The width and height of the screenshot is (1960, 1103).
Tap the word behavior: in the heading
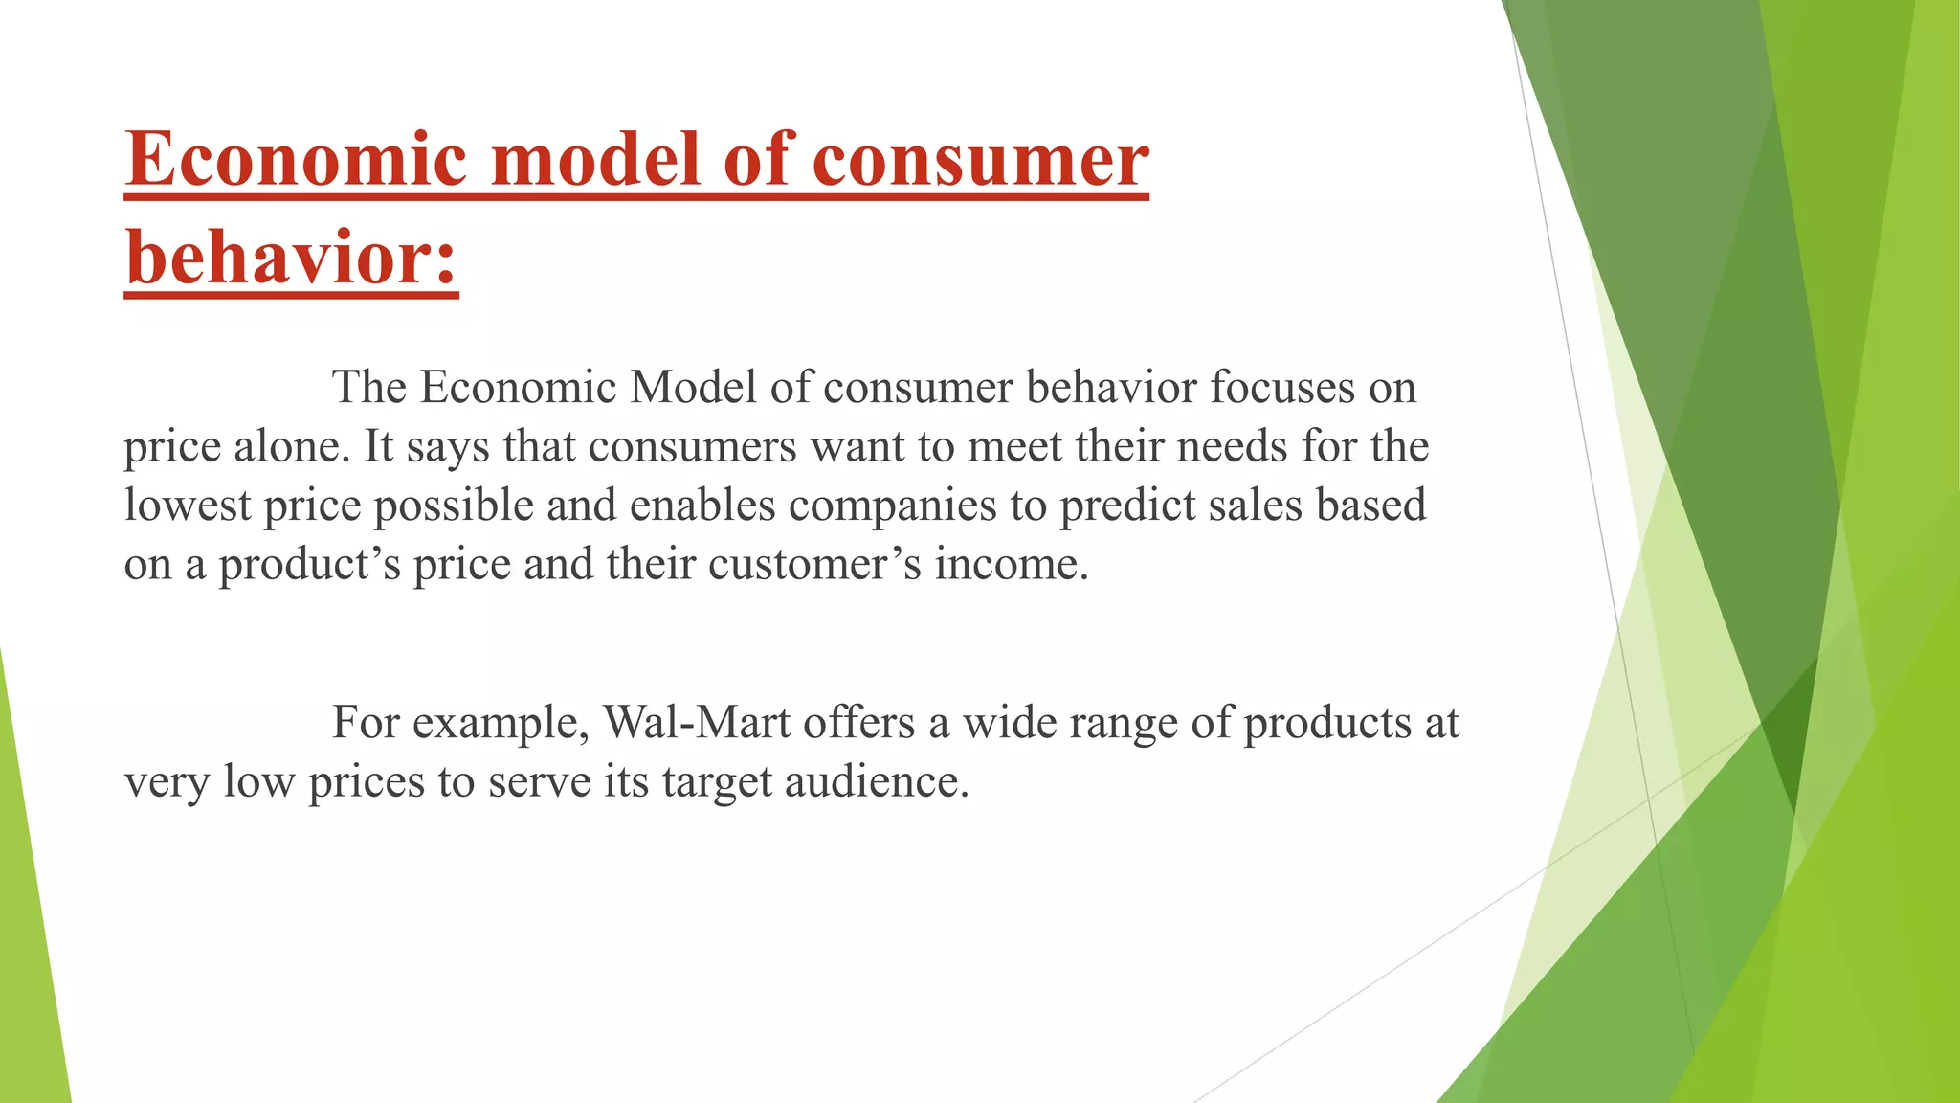(292, 259)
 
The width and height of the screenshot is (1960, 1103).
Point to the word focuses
(1281, 388)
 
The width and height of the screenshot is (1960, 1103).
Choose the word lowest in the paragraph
(187, 506)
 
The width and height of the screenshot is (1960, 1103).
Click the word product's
(309, 565)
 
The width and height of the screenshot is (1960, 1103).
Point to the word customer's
(814, 565)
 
